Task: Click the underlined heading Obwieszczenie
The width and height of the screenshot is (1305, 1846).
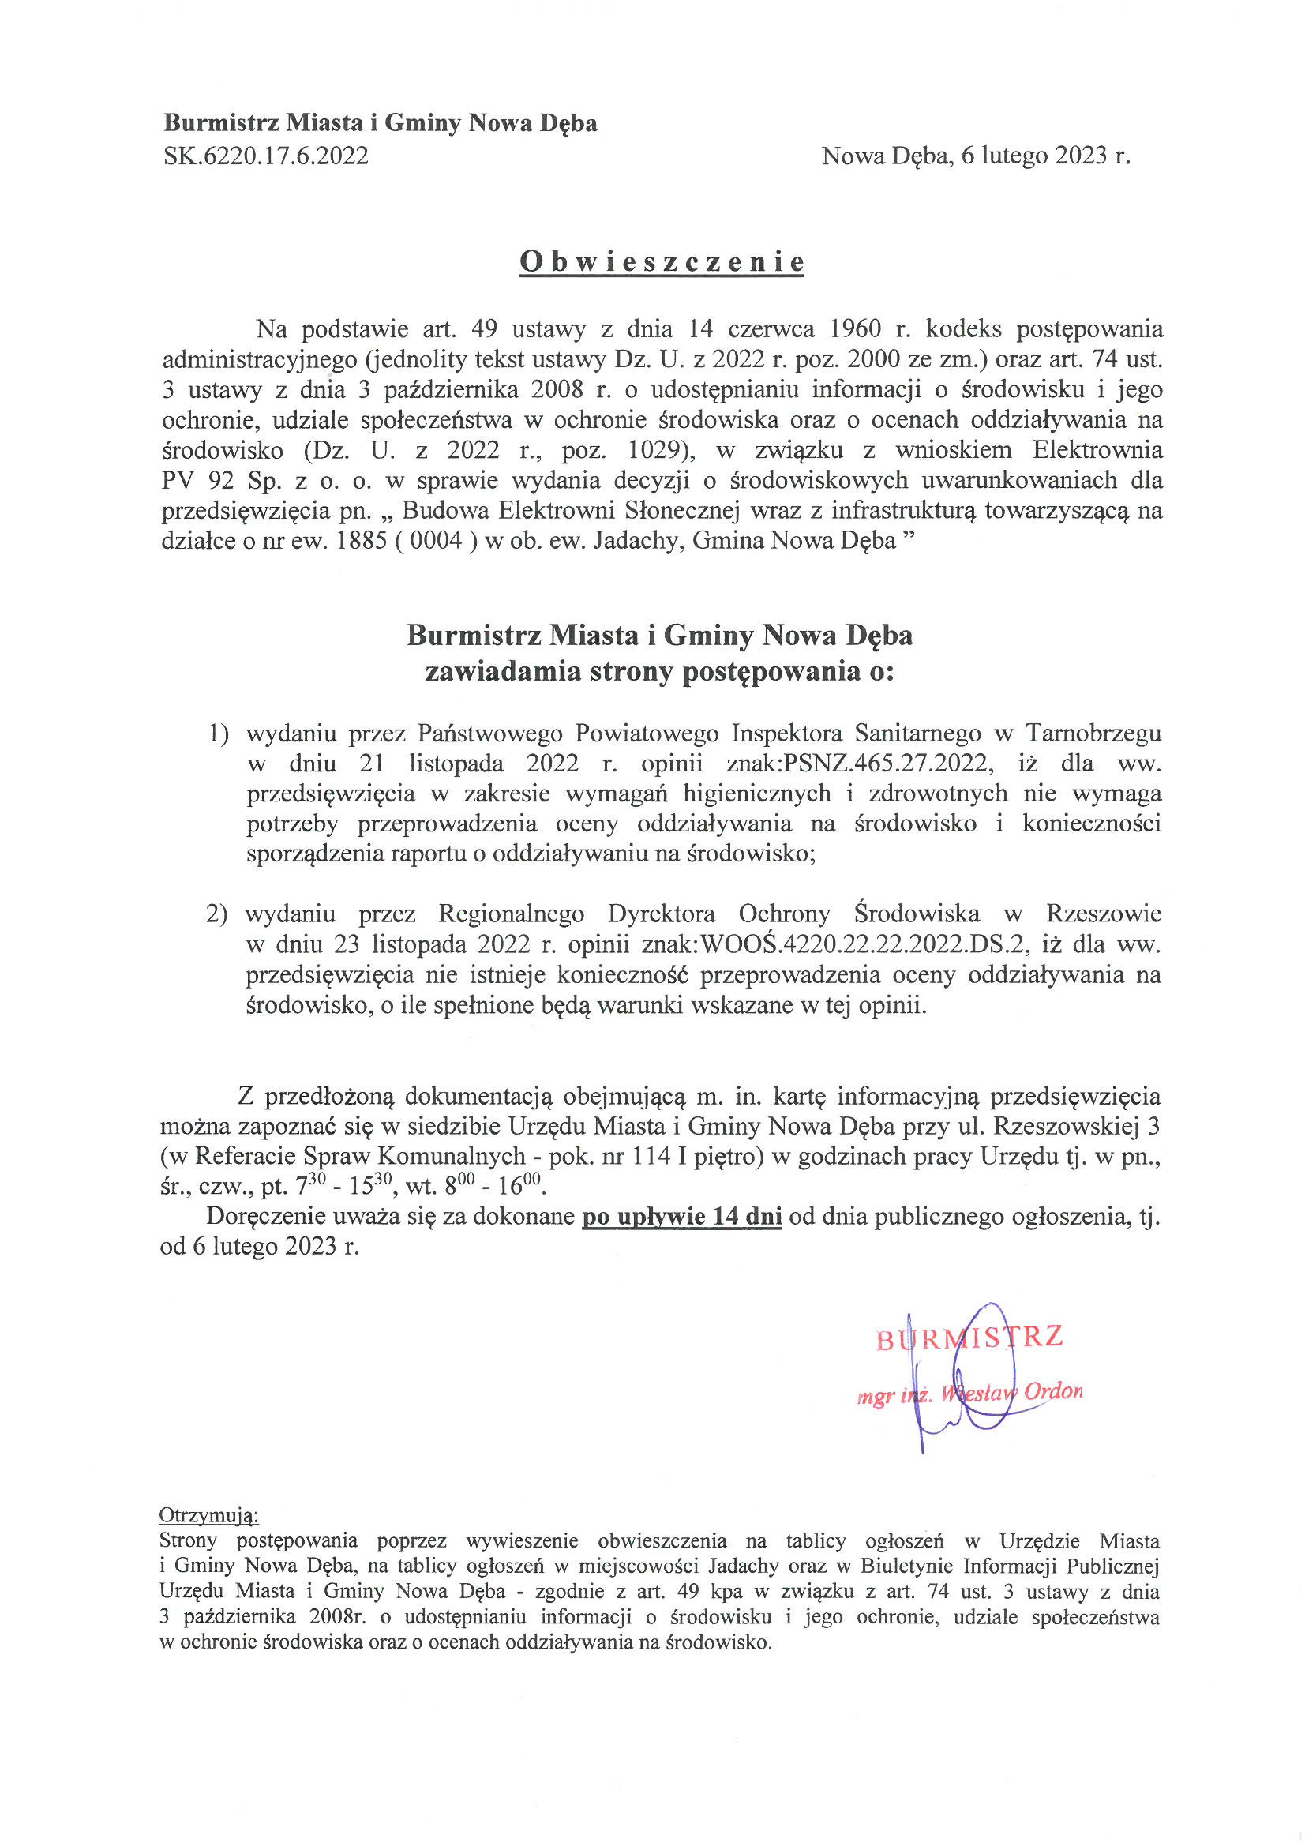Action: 661,262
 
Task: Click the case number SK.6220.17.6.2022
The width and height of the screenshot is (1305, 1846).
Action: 266,156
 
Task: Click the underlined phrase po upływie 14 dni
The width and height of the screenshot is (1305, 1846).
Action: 682,1216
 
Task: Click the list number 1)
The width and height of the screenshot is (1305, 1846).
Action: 219,734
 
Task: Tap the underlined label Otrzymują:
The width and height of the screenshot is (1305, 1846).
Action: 209,1515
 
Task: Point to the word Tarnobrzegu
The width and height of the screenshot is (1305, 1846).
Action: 1093,734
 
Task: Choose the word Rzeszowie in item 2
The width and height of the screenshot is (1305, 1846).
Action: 1103,914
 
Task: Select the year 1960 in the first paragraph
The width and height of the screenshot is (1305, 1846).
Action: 855,328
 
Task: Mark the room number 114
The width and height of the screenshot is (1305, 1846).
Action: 652,1155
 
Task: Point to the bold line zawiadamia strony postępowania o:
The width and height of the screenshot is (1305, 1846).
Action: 659,671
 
